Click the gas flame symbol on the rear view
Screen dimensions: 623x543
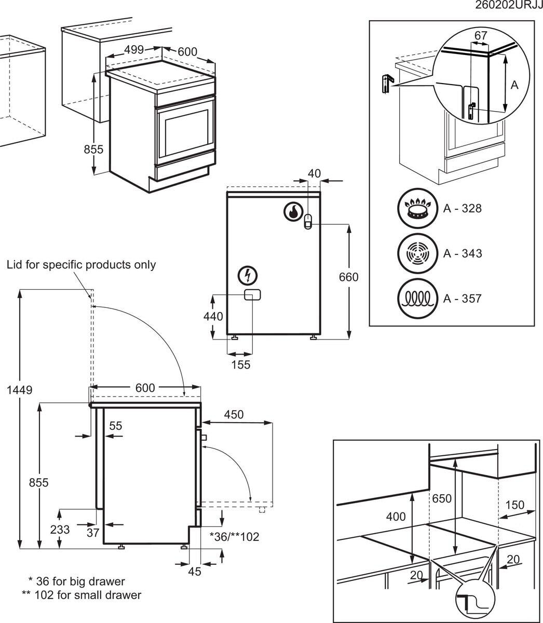pyautogui.click(x=293, y=212)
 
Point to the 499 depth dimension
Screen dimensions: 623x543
pyautogui.click(x=134, y=50)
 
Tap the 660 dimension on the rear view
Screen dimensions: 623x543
pyautogui.click(x=348, y=277)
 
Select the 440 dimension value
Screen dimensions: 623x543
pyautogui.click(x=213, y=316)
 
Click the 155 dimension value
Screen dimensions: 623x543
pyautogui.click(x=241, y=364)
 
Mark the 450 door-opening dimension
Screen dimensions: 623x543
pyautogui.click(x=234, y=414)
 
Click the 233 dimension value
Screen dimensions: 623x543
pyautogui.click(x=60, y=530)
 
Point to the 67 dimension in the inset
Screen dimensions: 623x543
pyautogui.click(x=481, y=35)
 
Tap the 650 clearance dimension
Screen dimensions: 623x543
pyautogui.click(x=442, y=498)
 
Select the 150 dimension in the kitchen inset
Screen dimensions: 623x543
pyautogui.click(x=515, y=505)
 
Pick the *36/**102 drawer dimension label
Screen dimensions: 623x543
pyautogui.click(x=234, y=536)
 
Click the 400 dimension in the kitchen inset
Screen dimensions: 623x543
pyautogui.click(x=396, y=517)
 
